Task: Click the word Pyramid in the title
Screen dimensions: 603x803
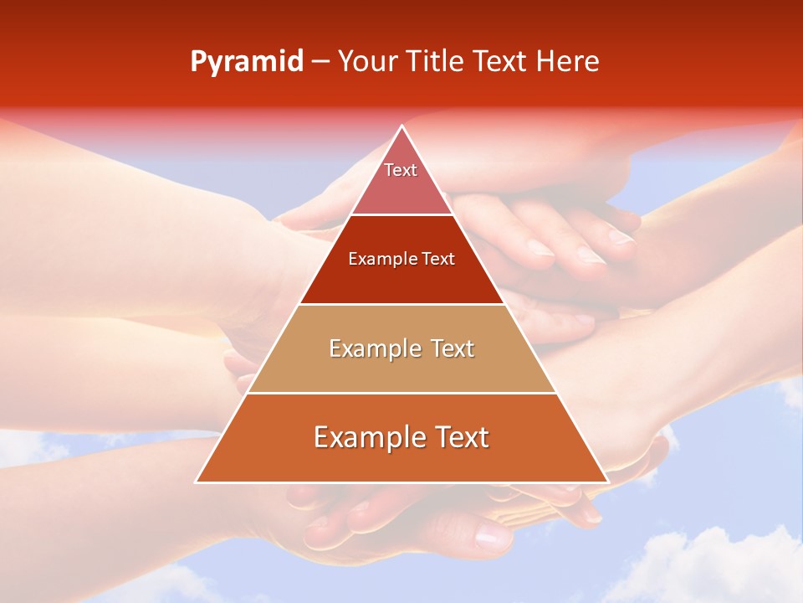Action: coord(246,62)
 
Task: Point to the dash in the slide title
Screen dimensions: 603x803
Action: coord(320,62)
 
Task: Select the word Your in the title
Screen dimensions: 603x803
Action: coord(368,62)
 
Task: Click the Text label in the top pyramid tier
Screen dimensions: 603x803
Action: coord(401,170)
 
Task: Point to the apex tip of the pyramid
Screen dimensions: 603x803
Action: coord(401,126)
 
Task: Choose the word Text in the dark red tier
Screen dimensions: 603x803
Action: coord(438,259)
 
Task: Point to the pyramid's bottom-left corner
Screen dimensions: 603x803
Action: coord(197,482)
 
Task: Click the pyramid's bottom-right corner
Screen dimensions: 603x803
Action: coord(607,482)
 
